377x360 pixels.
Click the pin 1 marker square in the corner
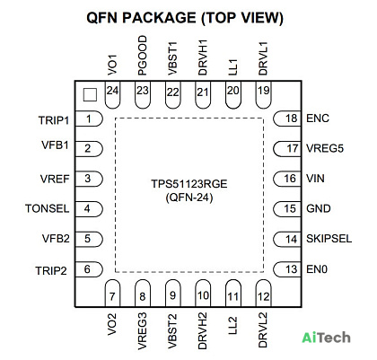[90, 94]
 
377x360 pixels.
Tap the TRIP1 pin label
[54, 120]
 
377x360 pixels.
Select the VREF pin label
[55, 179]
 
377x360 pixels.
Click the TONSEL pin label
[48, 208]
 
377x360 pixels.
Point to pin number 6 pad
[89, 269]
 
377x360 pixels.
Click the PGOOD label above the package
[143, 56]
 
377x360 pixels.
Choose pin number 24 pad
[112, 94]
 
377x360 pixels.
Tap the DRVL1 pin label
[263, 58]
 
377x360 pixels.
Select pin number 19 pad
[264, 94]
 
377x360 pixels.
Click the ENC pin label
[318, 119]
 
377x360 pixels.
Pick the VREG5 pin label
[325, 148]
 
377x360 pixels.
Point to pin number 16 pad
[287, 179]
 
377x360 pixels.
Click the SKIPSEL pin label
[329, 239]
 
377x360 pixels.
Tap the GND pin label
[319, 208]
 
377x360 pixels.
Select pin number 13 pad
[287, 269]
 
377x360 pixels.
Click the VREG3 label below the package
[143, 331]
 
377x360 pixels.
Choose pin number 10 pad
[203, 294]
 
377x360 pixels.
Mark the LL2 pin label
[232, 325]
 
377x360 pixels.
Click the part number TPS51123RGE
[189, 184]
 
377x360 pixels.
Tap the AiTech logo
[326, 338]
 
